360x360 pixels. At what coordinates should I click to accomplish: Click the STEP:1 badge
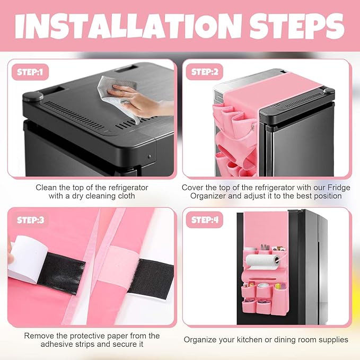coord(30,72)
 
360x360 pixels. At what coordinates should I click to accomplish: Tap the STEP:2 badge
coord(205,72)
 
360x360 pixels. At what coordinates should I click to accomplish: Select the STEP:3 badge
coord(30,220)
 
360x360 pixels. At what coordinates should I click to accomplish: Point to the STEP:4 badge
coord(205,220)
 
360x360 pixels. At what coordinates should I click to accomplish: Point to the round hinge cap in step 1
coord(33,96)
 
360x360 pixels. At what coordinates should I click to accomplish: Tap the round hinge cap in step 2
coord(329,91)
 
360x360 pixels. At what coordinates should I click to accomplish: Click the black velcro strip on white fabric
coord(151,279)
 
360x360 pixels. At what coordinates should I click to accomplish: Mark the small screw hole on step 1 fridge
coord(149,156)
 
